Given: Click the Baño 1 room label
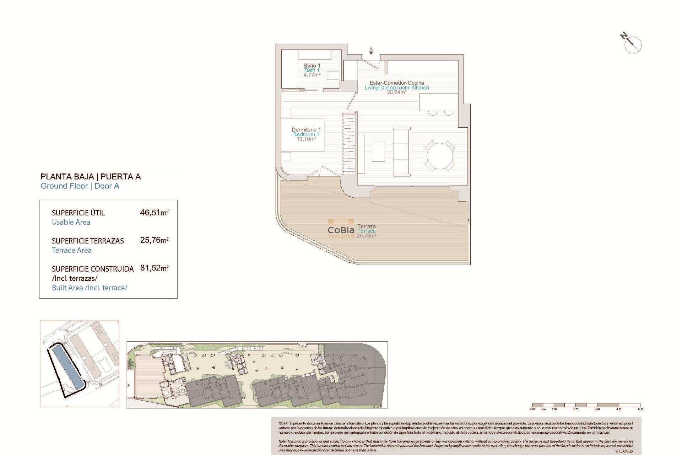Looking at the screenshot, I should click(x=312, y=66).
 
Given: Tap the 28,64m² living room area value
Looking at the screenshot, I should click(x=396, y=92).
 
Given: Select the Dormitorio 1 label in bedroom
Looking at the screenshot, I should click(x=306, y=130).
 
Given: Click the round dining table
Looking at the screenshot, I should click(x=440, y=156).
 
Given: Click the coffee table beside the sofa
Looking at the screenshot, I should click(x=378, y=151).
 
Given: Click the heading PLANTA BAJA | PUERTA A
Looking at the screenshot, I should click(x=91, y=177).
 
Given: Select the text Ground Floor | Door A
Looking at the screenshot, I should click(x=80, y=186).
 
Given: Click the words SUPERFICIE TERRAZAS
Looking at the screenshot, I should click(x=88, y=241).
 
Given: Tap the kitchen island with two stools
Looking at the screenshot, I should click(x=438, y=102).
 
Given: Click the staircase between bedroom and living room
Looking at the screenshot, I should click(x=349, y=144).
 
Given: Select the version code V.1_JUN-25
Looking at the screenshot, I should click(x=624, y=451).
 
